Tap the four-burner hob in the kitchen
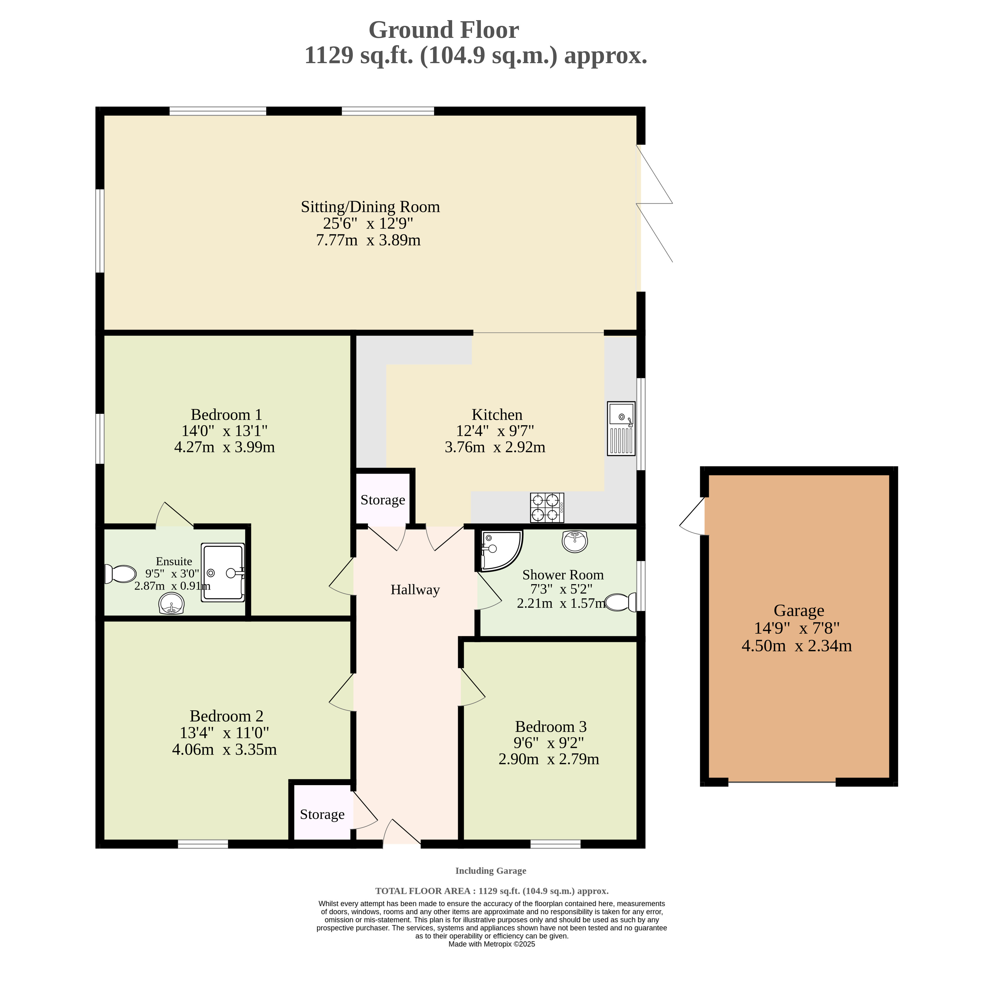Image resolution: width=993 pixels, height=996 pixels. point(547,508)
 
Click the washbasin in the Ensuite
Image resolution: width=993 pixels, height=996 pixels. point(172,604)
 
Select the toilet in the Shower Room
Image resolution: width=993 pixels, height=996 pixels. point(621,602)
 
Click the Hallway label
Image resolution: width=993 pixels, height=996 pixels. point(415,590)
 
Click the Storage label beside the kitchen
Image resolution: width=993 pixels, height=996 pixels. point(382,500)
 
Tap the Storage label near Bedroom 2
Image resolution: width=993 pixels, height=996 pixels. point(322,814)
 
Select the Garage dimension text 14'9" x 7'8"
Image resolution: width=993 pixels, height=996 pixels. point(797,628)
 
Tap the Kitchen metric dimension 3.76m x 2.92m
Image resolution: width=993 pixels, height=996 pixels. point(495,447)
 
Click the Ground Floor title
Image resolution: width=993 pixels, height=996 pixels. point(444,30)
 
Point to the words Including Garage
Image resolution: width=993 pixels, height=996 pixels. point(491,871)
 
